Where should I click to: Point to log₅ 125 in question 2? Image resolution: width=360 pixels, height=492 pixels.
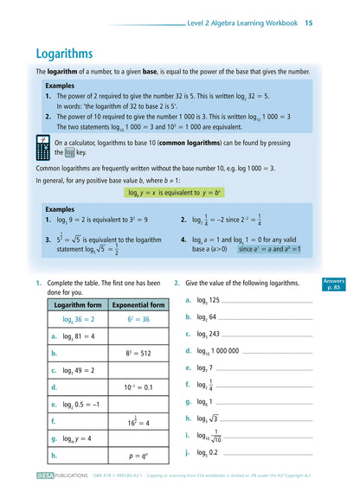coord(209,300)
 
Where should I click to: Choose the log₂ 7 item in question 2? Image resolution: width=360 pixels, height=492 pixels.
coord(206,367)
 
